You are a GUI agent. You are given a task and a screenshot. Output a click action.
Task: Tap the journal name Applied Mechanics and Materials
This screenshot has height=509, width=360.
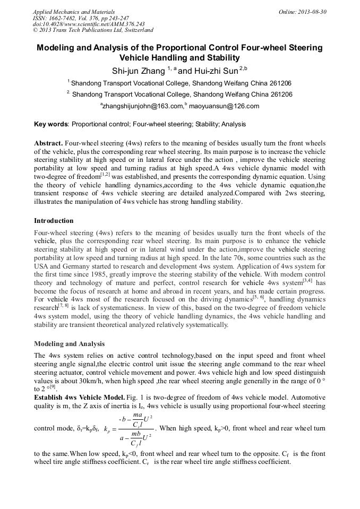(x=74, y=11)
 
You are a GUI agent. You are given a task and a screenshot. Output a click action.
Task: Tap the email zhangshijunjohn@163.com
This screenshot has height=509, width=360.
(x=142, y=106)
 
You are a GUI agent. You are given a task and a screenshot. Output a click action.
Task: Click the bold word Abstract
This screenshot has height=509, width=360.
(x=48, y=144)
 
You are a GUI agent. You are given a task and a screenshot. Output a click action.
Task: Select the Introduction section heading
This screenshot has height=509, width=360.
(x=54, y=220)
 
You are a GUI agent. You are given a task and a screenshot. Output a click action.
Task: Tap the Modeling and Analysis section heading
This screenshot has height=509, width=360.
(x=69, y=344)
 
